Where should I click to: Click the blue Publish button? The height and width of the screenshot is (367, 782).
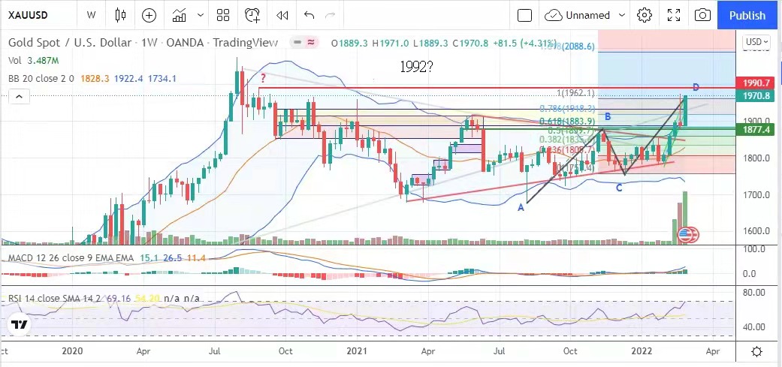pos(747,15)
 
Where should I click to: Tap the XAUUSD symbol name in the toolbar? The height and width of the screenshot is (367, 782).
pos(31,15)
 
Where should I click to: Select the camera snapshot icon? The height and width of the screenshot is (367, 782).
pos(702,15)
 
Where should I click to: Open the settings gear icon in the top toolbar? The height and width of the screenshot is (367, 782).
pos(644,15)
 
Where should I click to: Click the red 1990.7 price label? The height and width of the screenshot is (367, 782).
pos(756,83)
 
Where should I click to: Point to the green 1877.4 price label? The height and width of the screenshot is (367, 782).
pos(756,130)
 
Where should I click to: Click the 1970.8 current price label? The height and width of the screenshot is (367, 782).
pos(756,96)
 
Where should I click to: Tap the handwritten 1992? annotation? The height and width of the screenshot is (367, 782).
pos(418,66)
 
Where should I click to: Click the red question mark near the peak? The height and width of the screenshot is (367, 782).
pos(263,77)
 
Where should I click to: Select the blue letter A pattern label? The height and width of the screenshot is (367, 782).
pos(521,207)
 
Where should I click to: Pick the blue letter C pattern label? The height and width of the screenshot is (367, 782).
pos(619,188)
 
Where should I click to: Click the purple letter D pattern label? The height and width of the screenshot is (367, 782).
pos(696,88)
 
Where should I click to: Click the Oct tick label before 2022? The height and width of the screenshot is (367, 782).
pos(571,351)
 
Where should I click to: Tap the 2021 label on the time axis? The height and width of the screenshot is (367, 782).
pos(356,351)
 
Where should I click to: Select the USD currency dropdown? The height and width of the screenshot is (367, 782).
pos(755,41)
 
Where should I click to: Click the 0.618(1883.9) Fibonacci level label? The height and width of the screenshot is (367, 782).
pos(567,121)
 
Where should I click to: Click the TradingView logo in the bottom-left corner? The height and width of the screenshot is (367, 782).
pos(20,326)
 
